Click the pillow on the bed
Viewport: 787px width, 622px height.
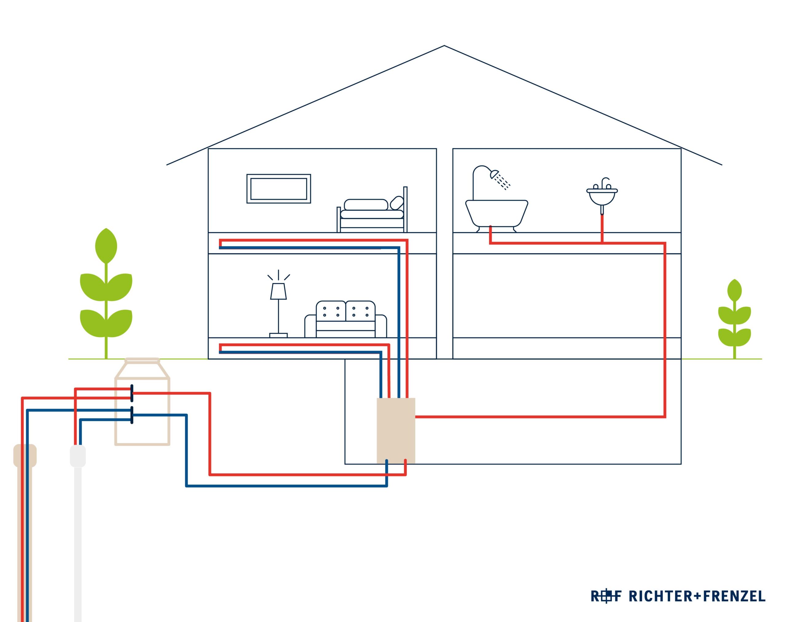pyautogui.click(x=397, y=202)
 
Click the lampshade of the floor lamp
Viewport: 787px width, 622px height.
pyautogui.click(x=278, y=291)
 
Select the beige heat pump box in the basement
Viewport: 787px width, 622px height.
pyautogui.click(x=396, y=430)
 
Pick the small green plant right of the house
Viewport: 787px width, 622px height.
pyautogui.click(x=734, y=319)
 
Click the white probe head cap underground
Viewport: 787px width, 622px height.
pyautogui.click(x=77, y=456)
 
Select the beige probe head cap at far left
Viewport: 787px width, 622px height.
pyautogui.click(x=25, y=455)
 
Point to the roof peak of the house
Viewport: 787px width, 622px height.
pyautogui.click(x=444, y=46)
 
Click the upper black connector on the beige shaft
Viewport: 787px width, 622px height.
pyautogui.click(x=132, y=393)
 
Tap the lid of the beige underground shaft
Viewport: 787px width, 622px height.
pyautogui.click(x=142, y=361)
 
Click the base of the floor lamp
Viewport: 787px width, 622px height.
pyautogui.click(x=278, y=335)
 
